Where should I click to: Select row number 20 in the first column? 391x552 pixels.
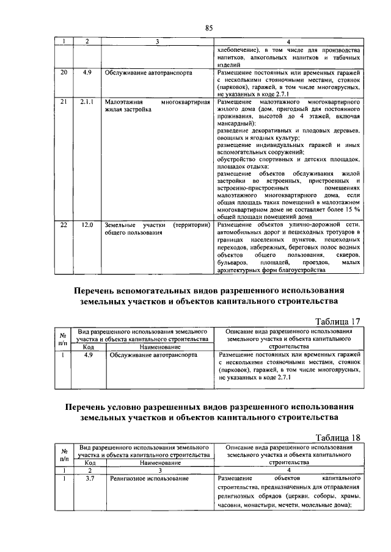pos(63,72)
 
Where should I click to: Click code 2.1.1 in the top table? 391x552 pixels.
pos(87,102)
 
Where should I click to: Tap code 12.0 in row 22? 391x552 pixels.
pos(87,225)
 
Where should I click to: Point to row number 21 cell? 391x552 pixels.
pos(63,102)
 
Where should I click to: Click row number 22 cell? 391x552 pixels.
pos(63,225)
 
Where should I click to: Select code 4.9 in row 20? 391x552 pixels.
pos(87,72)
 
